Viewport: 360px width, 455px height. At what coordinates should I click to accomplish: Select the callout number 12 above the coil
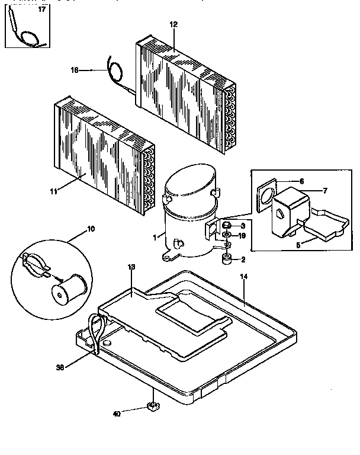pos(173,25)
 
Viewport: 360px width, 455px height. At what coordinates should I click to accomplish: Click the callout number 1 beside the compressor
pos(155,237)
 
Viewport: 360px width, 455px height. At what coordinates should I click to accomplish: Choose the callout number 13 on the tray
pos(131,268)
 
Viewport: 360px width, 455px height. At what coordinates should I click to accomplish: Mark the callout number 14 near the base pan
pos(244,277)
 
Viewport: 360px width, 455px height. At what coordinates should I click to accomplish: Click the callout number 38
pos(60,367)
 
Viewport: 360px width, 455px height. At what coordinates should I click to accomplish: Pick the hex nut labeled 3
pos(226,226)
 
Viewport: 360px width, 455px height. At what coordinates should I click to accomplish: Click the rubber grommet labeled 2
pos(226,259)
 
